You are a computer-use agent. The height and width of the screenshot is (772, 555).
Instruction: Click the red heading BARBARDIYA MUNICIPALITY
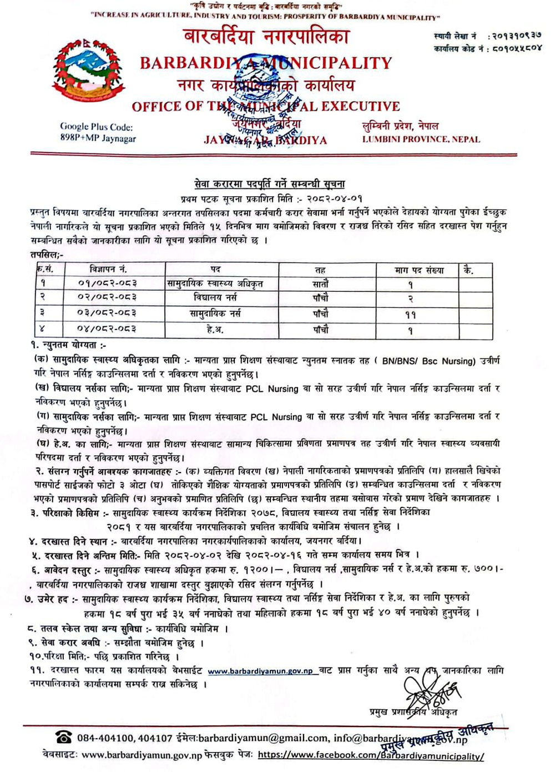[266, 63]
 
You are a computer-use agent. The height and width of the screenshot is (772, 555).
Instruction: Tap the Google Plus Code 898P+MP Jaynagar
[98, 133]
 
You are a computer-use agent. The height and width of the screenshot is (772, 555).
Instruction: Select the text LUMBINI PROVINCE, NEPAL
[421, 140]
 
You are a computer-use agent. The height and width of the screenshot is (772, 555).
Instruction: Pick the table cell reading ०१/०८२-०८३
[108, 283]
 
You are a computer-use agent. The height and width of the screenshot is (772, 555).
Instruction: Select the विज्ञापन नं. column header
[109, 270]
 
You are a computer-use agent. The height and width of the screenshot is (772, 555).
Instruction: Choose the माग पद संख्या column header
[420, 270]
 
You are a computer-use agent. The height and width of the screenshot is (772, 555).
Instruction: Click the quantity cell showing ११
[411, 315]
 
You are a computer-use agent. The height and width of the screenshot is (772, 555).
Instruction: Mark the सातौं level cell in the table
[320, 284]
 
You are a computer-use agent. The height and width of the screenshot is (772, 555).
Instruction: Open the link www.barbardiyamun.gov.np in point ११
[260, 671]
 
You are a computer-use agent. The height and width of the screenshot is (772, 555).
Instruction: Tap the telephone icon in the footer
[64, 738]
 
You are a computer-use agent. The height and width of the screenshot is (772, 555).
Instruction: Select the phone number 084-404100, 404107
[125, 738]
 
